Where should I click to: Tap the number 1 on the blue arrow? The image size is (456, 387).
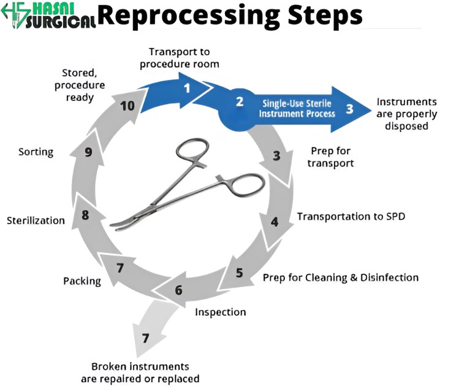[187, 87]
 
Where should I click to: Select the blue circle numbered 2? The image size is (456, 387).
[239, 102]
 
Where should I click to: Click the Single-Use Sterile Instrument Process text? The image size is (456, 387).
[298, 109]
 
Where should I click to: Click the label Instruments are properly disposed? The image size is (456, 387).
[406, 114]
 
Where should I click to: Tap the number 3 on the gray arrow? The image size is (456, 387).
[276, 155]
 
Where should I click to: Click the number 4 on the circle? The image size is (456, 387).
[275, 221]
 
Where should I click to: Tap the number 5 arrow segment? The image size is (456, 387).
[239, 273]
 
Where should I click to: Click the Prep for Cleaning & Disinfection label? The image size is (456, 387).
[340, 277]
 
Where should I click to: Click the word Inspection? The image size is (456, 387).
[220, 312]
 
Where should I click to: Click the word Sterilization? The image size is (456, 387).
[36, 220]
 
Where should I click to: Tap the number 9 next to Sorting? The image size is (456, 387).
[88, 152]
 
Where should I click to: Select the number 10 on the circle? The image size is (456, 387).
[127, 106]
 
